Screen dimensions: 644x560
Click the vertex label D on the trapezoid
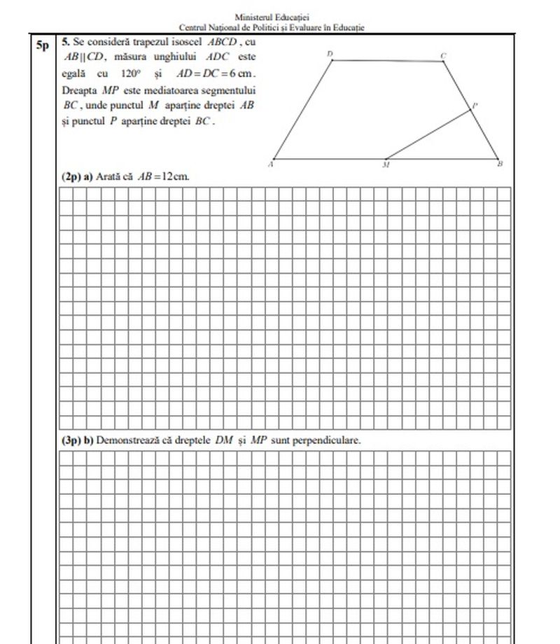(x=330, y=53)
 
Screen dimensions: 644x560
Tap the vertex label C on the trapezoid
(x=442, y=55)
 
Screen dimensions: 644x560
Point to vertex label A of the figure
(x=270, y=164)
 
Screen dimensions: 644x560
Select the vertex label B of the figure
(x=500, y=164)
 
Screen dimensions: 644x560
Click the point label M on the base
(x=386, y=166)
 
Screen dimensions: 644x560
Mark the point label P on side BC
(x=475, y=105)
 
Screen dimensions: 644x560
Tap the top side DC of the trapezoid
(x=387, y=61)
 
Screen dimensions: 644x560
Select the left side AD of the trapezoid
(x=302, y=109)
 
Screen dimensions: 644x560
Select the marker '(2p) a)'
(x=77, y=176)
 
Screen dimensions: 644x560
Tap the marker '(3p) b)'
(x=77, y=440)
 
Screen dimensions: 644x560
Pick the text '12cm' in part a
(x=176, y=176)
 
